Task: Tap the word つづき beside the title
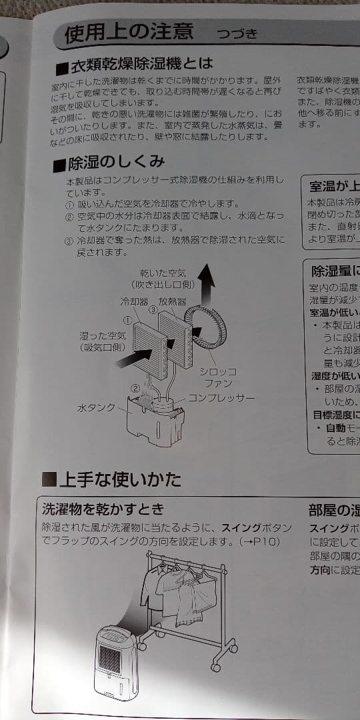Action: pos(237,34)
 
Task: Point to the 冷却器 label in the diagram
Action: pos(133,301)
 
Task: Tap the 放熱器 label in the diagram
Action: pos(172,301)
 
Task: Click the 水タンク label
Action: pos(96,407)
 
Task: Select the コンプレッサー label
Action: pos(221,398)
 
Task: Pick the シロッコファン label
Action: pos(219,377)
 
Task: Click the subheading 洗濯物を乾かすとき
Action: pos(103,509)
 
